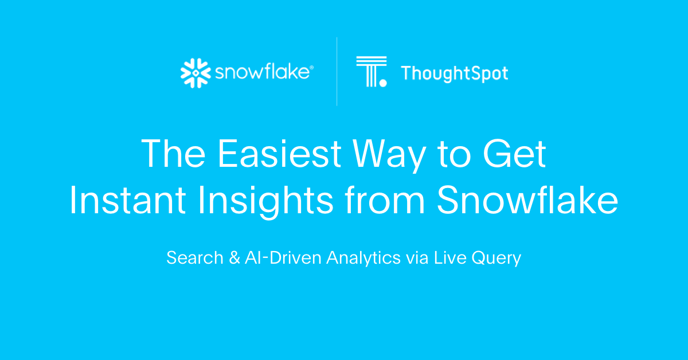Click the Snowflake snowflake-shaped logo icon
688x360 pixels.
coord(196,73)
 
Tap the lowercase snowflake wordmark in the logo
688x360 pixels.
coord(262,73)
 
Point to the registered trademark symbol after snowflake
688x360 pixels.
coord(312,67)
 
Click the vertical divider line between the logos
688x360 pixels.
coord(337,72)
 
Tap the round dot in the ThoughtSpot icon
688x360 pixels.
coord(383,83)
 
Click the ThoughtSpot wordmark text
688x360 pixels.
coord(454,73)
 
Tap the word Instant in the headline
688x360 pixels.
coord(127,201)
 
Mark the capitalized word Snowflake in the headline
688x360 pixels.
coord(527,201)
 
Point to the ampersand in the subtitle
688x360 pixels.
coord(233,258)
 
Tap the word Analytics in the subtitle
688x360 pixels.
coord(363,258)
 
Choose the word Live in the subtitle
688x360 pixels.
coord(451,258)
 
